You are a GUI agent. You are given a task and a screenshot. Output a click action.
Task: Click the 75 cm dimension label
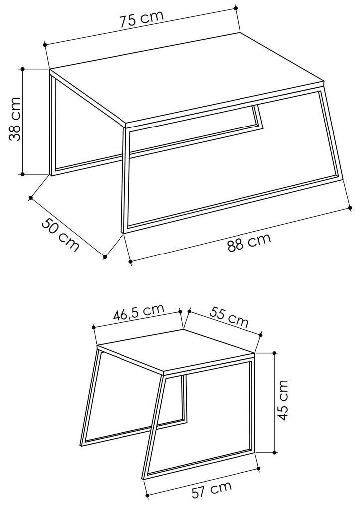point(141,19)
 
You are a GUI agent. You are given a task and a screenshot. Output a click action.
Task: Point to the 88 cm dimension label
point(249,242)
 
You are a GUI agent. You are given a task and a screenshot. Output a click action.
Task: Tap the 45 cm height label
point(282,401)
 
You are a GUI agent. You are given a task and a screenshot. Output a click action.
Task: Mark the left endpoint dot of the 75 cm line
point(45,45)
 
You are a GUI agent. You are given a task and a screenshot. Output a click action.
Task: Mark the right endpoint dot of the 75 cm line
point(236,8)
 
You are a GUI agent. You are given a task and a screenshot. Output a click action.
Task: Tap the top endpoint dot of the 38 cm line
point(22,68)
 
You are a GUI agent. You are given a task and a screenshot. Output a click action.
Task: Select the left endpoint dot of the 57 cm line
point(147,495)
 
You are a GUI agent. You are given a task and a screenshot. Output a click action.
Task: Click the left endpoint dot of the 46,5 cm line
point(93,327)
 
